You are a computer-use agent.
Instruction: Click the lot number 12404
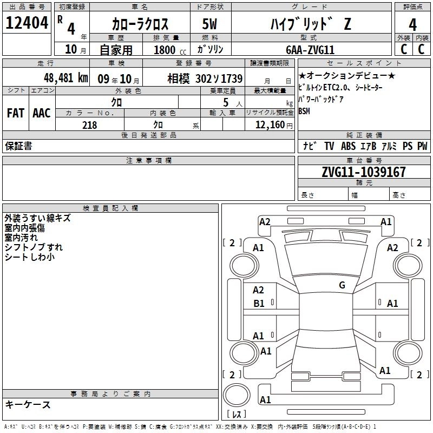(27, 23)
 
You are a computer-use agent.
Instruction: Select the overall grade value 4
(412, 25)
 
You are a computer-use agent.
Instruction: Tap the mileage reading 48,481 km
(66, 78)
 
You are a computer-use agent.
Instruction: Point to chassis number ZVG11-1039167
(364, 172)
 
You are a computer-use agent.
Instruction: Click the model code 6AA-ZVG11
(310, 50)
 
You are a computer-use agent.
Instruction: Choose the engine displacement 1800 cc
(170, 50)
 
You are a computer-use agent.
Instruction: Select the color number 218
(90, 125)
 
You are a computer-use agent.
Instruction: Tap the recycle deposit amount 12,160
(270, 125)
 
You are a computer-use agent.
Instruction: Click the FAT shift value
(16, 113)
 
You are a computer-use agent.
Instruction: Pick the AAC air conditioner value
(42, 113)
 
